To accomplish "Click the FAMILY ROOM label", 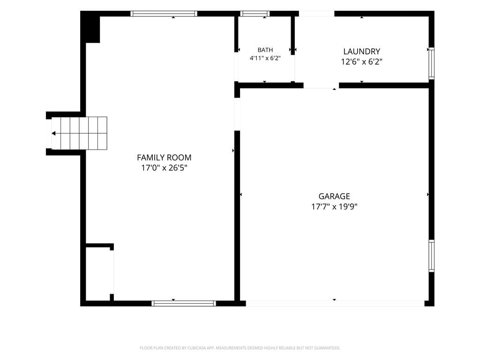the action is [x=164, y=157].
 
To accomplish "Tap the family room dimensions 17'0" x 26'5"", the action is [x=164, y=168].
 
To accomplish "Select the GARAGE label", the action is [x=334, y=196].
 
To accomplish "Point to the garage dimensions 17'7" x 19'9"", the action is [x=334, y=207].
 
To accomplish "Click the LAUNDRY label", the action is [x=361, y=52].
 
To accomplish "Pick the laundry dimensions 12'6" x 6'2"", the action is [x=361, y=62].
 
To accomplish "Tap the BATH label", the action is [x=265, y=50].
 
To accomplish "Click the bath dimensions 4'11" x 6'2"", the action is [x=265, y=58].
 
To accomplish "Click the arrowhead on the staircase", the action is [x=53, y=134].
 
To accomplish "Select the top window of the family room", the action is [x=164, y=14].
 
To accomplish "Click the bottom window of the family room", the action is [x=184, y=303].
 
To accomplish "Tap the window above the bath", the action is [x=255, y=14].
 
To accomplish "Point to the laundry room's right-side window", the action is [x=431, y=63].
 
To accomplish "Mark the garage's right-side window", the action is [x=431, y=256].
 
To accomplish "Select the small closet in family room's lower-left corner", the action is [x=98, y=274].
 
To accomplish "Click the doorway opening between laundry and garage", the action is [x=321, y=85].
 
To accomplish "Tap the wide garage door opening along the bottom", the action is [x=335, y=303].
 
